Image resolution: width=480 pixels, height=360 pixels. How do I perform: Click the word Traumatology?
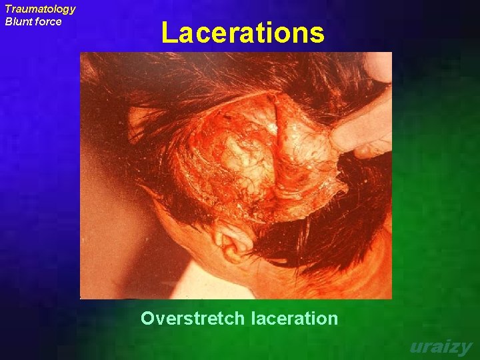(40, 9)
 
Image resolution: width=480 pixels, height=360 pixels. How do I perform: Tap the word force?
(49, 21)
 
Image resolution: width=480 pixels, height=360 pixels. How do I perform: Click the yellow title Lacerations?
(243, 33)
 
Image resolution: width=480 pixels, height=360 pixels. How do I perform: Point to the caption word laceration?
(295, 319)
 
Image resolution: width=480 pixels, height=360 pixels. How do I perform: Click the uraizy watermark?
(440, 347)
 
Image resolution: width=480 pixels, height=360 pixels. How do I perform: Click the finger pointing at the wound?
(363, 130)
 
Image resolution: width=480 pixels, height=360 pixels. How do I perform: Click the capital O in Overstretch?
(147, 319)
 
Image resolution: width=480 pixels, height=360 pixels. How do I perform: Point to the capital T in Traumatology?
(9, 9)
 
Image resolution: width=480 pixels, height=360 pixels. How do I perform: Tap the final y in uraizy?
(465, 349)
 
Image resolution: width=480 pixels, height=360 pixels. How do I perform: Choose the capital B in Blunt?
(9, 21)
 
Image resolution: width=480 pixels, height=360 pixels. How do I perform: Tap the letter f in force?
(39, 21)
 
